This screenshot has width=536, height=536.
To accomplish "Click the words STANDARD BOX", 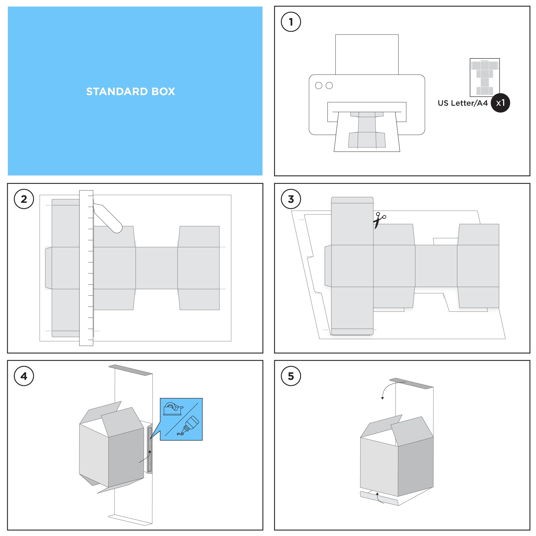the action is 131,92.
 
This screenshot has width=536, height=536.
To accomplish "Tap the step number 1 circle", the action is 291,22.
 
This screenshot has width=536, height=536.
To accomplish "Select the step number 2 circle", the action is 24,199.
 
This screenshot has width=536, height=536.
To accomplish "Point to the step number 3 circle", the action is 291,199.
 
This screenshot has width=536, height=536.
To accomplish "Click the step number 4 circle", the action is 24,376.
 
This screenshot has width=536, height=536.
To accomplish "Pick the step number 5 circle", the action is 291,376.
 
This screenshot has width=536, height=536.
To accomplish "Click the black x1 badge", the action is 500,103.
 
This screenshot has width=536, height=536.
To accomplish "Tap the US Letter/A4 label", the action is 463,103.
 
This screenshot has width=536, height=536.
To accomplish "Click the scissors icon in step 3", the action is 379,220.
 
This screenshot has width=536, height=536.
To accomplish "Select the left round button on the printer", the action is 318,85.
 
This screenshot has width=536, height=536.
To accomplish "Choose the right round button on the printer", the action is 329,85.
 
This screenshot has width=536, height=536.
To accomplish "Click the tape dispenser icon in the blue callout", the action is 173,409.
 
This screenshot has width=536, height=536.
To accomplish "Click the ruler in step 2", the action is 86,268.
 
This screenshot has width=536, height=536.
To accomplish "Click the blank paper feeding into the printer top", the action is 367,55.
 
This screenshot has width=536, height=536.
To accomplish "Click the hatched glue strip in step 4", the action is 150,450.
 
